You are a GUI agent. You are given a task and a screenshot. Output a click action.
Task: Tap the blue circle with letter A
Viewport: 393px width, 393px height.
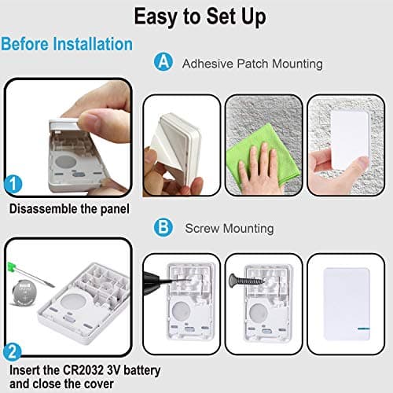point(163,63)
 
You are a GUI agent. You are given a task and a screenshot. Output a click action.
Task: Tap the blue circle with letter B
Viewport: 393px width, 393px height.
point(163,228)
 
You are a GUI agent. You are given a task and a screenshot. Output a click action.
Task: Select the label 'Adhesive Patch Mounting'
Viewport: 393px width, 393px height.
point(241,63)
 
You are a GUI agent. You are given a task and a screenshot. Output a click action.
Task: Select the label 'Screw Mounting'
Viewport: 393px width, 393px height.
point(228,229)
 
